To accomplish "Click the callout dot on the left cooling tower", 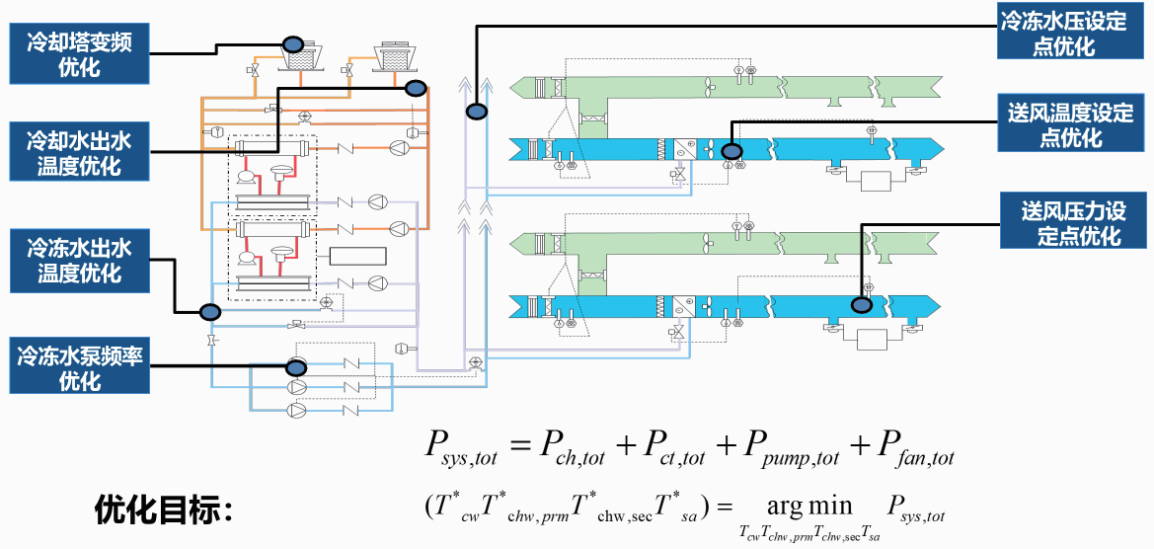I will point(293,44).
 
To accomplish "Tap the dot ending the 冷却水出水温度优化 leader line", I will point(417,89).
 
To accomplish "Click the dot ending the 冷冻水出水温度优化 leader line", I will point(209,312).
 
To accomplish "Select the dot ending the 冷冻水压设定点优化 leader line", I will point(477,113).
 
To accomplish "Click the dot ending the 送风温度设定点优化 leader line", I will point(731,151).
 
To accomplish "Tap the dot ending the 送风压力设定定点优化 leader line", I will point(862,304).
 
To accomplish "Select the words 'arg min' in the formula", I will point(809,507).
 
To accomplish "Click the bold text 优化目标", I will point(162,510).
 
